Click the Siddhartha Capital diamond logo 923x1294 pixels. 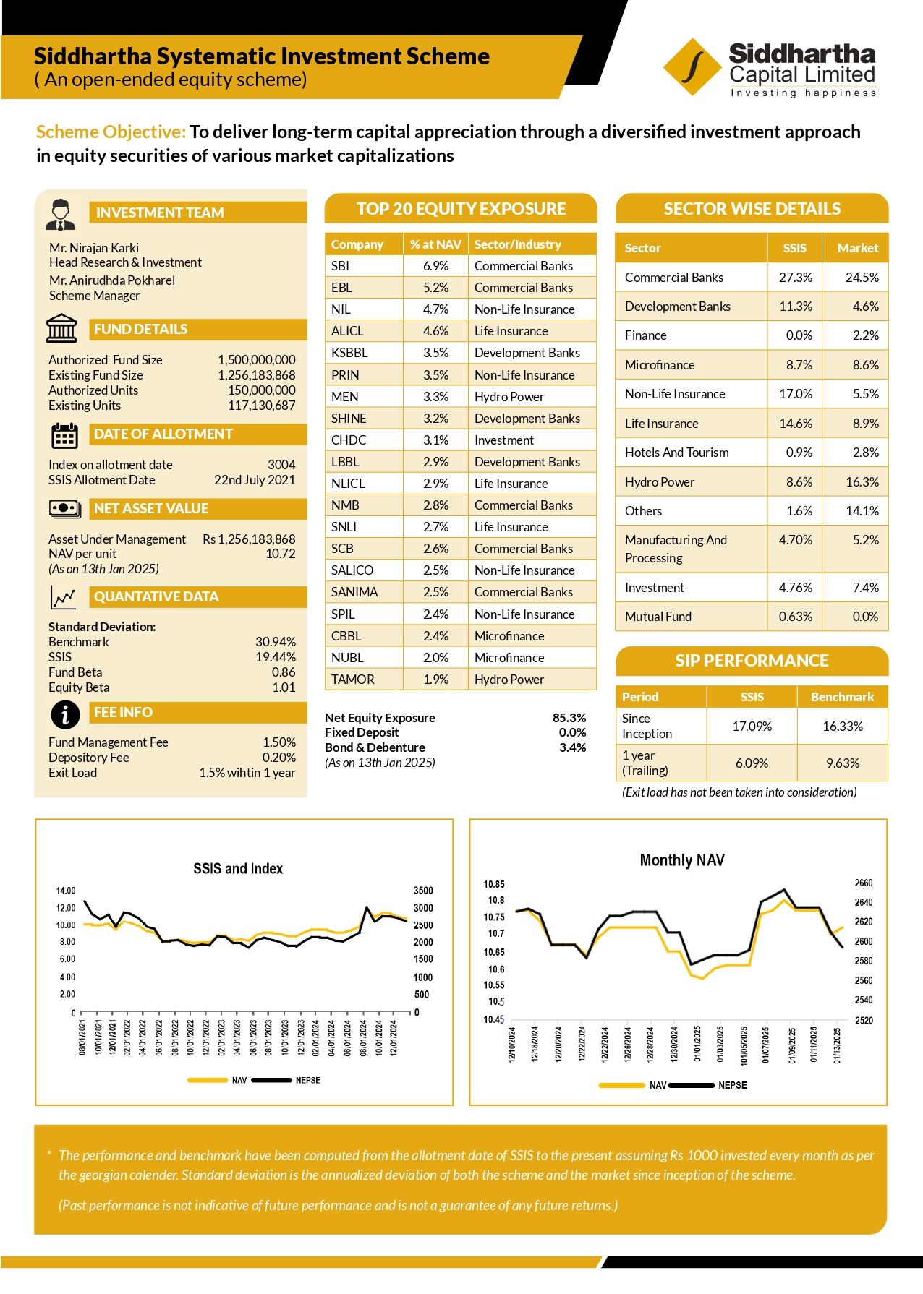692,67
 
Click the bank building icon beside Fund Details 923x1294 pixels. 61,328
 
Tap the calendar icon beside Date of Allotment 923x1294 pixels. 64,436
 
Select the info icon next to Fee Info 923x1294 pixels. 65,714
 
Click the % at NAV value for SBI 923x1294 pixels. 435,266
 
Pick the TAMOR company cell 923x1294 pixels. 353,680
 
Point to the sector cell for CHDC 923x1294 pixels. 504,440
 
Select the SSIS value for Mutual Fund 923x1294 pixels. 796,617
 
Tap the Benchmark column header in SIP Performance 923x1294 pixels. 842,697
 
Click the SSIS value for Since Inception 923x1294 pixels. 752,727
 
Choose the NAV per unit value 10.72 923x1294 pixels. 281,554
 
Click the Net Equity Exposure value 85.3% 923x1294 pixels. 569,718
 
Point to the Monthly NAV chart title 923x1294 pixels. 682,860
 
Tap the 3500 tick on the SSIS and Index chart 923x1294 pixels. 423,891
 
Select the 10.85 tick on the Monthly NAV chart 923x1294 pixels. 494,884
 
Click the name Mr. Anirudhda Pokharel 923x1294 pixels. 112,280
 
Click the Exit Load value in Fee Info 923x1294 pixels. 247,773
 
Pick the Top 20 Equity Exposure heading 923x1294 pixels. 461,209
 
